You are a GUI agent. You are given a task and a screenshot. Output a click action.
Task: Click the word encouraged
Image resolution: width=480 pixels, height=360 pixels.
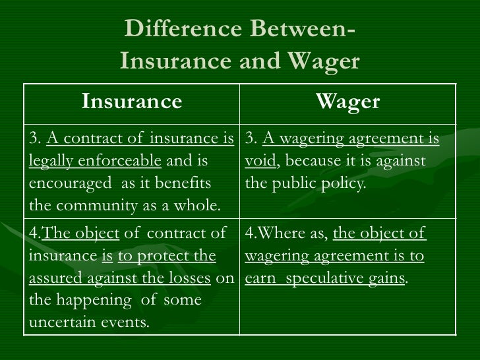coord(71,183)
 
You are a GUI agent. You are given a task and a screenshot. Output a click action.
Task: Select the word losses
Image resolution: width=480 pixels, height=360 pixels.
coord(187,278)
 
